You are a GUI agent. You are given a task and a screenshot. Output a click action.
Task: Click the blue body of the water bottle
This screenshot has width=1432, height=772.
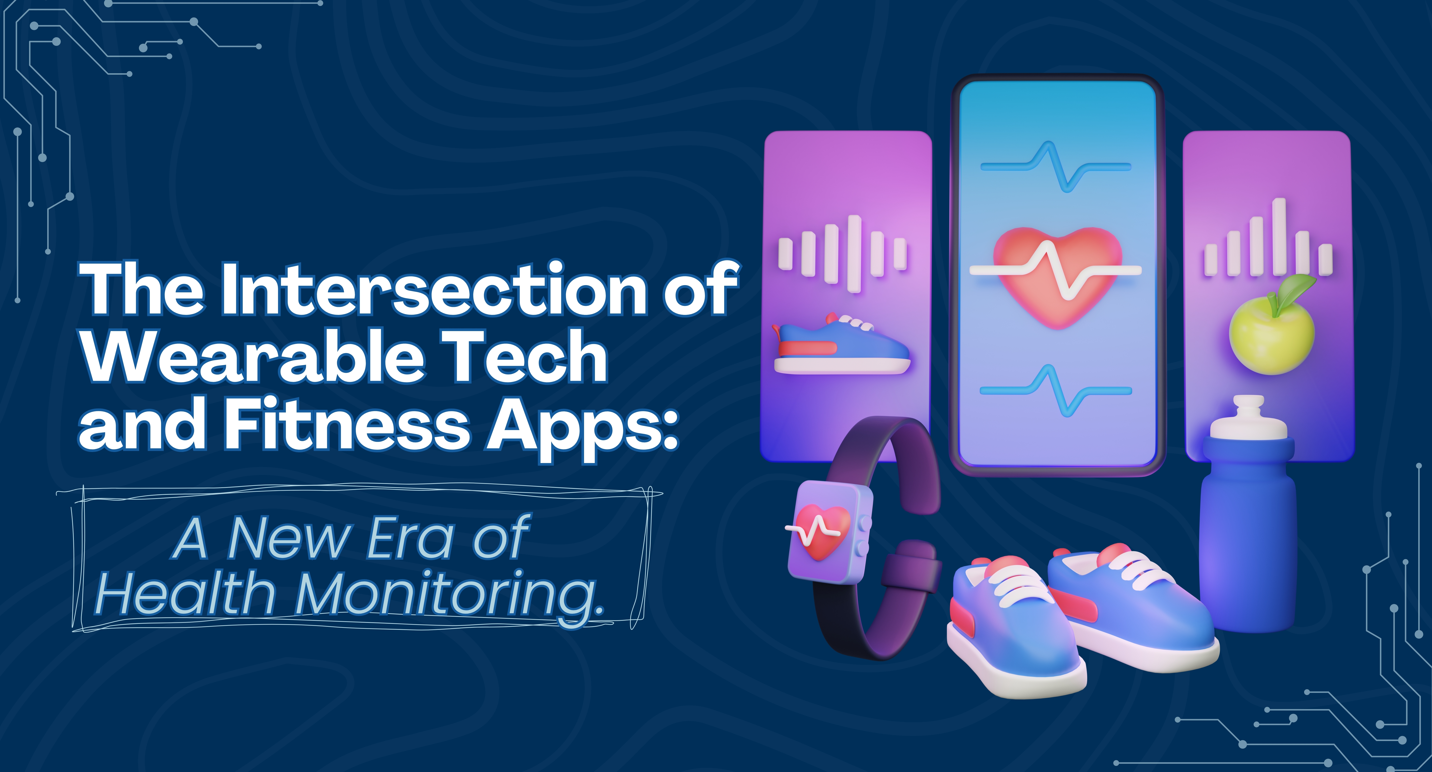1248,534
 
